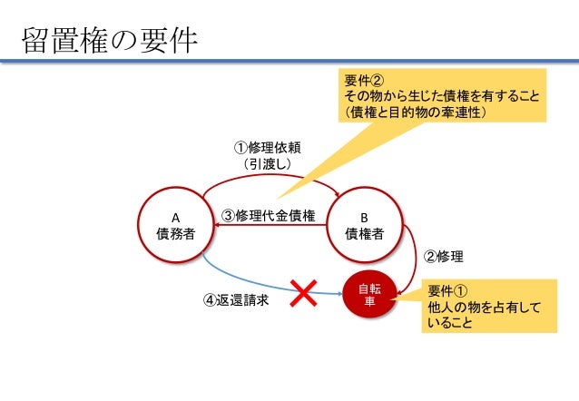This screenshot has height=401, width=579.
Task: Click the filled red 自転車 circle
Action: pyautogui.click(x=369, y=295)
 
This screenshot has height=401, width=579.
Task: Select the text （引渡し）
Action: pyautogui.click(x=262, y=165)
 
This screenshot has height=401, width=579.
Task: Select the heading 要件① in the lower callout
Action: pyautogui.click(x=447, y=291)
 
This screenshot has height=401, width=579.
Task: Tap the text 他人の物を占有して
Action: pyautogui.click(x=485, y=308)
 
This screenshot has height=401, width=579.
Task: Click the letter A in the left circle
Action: pyautogui.click(x=176, y=218)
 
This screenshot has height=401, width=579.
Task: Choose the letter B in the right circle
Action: pyautogui.click(x=364, y=218)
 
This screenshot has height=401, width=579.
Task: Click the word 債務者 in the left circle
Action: pyautogui.click(x=176, y=233)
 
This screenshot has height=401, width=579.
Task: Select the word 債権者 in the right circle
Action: pyautogui.click(x=364, y=233)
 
